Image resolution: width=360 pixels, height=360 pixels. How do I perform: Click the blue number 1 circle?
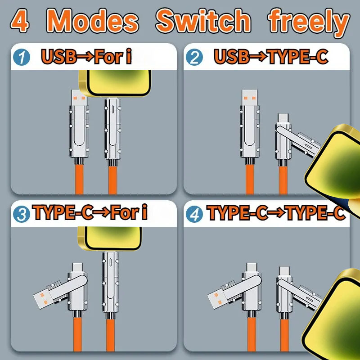(x=22, y=57)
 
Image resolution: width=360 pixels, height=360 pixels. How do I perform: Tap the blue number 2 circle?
(x=194, y=57)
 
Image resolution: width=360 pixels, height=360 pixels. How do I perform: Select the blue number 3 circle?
(x=22, y=214)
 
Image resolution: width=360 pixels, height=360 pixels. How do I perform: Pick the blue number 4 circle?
(x=194, y=214)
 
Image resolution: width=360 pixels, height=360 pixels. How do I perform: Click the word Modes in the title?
(x=93, y=21)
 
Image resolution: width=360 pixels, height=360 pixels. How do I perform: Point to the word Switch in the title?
(x=203, y=20)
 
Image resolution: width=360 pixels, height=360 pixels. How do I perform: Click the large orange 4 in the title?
(x=20, y=21)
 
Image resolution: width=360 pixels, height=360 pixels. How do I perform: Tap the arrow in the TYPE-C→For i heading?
(x=102, y=212)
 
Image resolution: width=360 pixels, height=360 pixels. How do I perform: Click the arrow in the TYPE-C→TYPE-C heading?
(x=276, y=212)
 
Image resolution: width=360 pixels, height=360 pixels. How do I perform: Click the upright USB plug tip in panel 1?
(x=80, y=98)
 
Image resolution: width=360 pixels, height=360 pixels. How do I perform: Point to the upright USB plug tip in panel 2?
(x=250, y=98)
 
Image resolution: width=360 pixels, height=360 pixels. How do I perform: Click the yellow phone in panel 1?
(x=115, y=83)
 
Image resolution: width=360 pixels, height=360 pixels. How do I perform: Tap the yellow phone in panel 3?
(x=110, y=238)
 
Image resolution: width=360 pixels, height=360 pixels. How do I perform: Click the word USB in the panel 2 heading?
(x=231, y=57)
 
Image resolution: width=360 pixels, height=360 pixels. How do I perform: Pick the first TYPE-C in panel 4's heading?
(x=237, y=212)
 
